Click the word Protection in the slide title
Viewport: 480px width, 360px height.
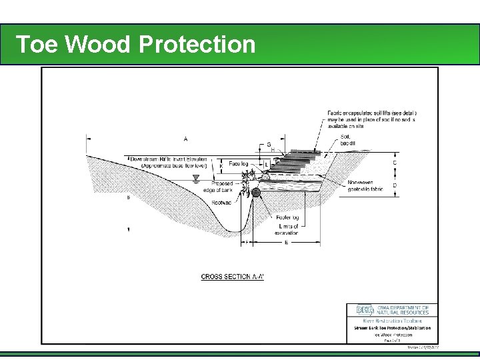tap(197, 44)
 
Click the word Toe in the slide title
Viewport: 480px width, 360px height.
tap(39, 44)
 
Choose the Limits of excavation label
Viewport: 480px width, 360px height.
tap(288, 229)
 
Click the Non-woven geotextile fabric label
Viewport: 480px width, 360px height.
tap(365, 185)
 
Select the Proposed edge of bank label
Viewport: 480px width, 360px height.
tap(222, 187)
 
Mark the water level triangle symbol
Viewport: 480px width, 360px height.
tap(195, 178)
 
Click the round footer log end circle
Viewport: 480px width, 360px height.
tap(256, 192)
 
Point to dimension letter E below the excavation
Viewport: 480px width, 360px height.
tap(287, 243)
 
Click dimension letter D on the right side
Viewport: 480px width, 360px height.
tap(396, 185)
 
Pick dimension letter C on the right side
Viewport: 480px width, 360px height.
tap(396, 162)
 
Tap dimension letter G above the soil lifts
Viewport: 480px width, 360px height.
tap(269, 145)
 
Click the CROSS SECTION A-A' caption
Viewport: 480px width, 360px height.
tap(233, 276)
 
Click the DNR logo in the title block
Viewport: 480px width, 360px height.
tap(365, 310)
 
